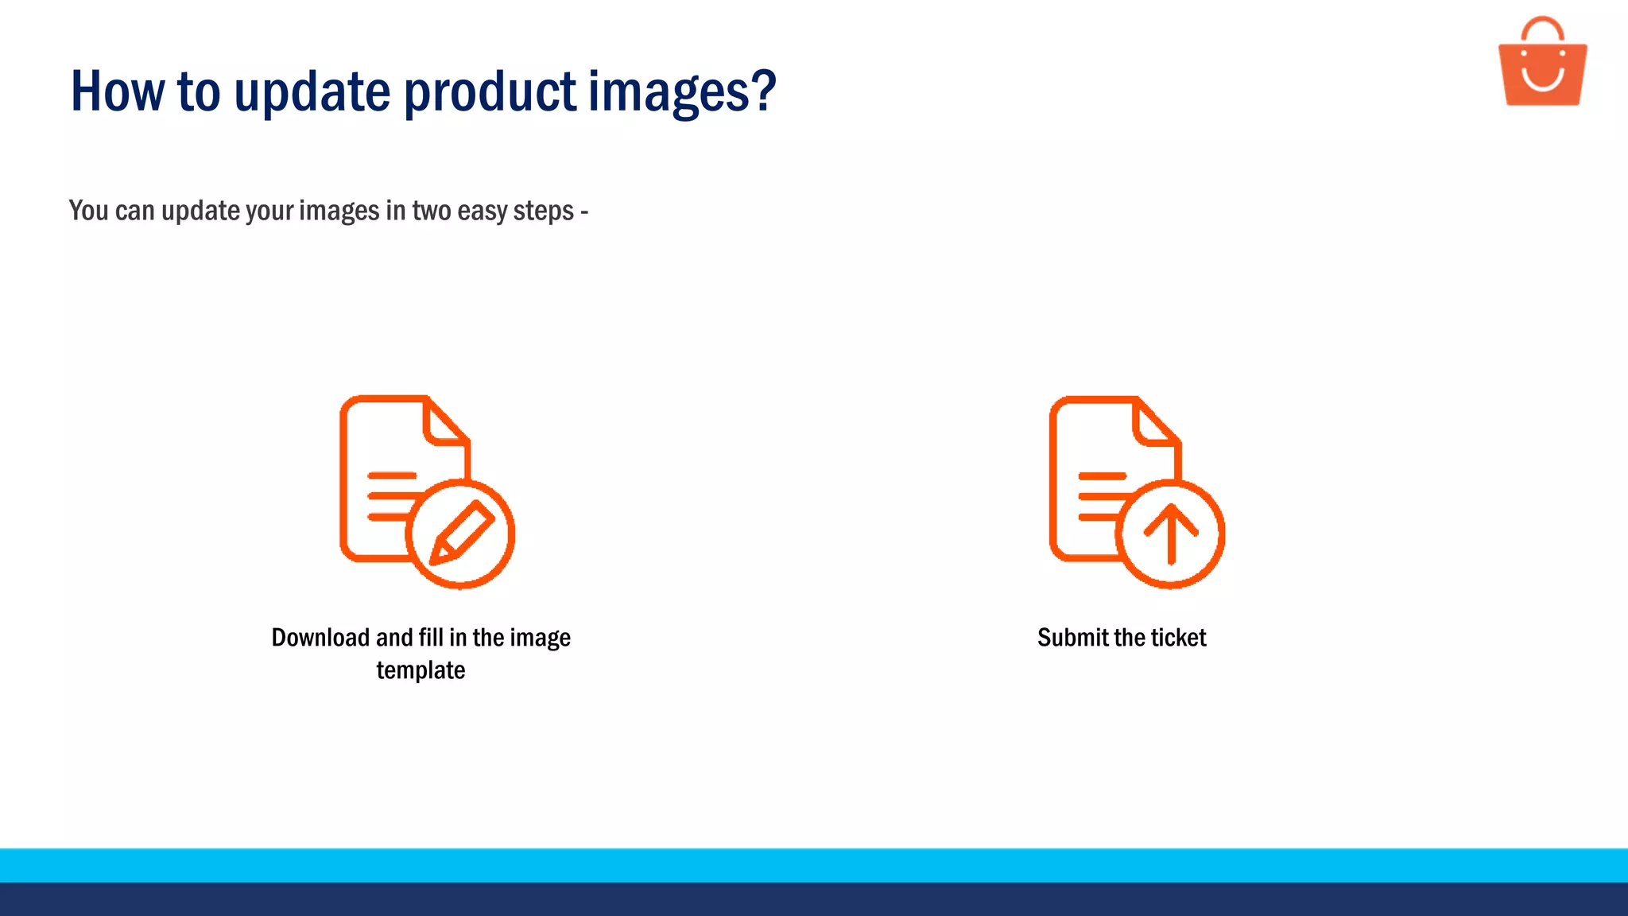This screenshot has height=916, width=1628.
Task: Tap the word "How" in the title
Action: click(118, 91)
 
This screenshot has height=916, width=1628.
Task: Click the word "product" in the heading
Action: click(490, 91)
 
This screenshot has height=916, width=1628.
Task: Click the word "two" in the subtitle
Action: click(431, 211)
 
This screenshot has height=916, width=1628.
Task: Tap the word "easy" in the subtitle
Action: click(482, 211)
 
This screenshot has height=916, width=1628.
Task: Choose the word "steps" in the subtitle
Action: click(544, 212)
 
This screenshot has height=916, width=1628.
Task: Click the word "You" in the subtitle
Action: click(88, 211)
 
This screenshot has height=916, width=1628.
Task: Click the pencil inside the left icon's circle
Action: click(462, 533)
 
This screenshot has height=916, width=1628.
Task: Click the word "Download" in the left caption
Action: click(320, 638)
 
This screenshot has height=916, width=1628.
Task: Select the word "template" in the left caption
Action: click(421, 670)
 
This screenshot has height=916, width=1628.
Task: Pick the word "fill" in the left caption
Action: click(431, 638)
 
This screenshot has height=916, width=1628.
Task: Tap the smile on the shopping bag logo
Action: click(1543, 80)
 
